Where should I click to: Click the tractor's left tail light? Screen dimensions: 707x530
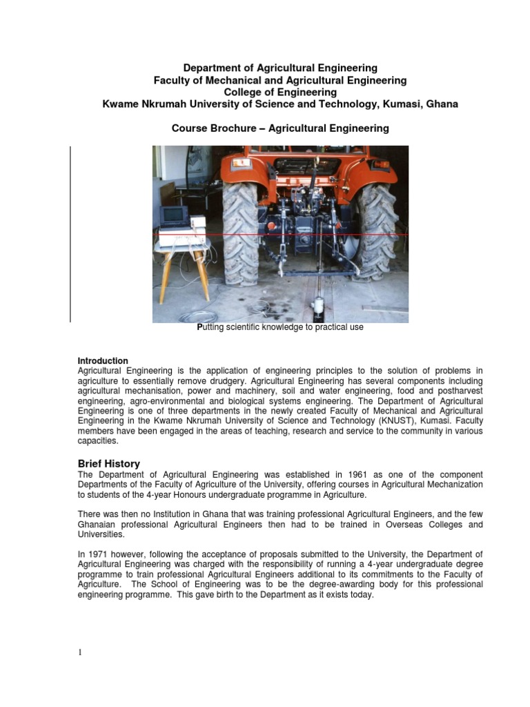(241, 163)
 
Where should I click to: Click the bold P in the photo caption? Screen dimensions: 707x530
(200, 328)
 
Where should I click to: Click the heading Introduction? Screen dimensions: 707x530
(103, 361)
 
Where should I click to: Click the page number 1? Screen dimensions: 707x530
(80, 653)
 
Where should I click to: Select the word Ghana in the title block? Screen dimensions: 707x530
(442, 104)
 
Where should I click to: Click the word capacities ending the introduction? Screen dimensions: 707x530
(98, 441)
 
